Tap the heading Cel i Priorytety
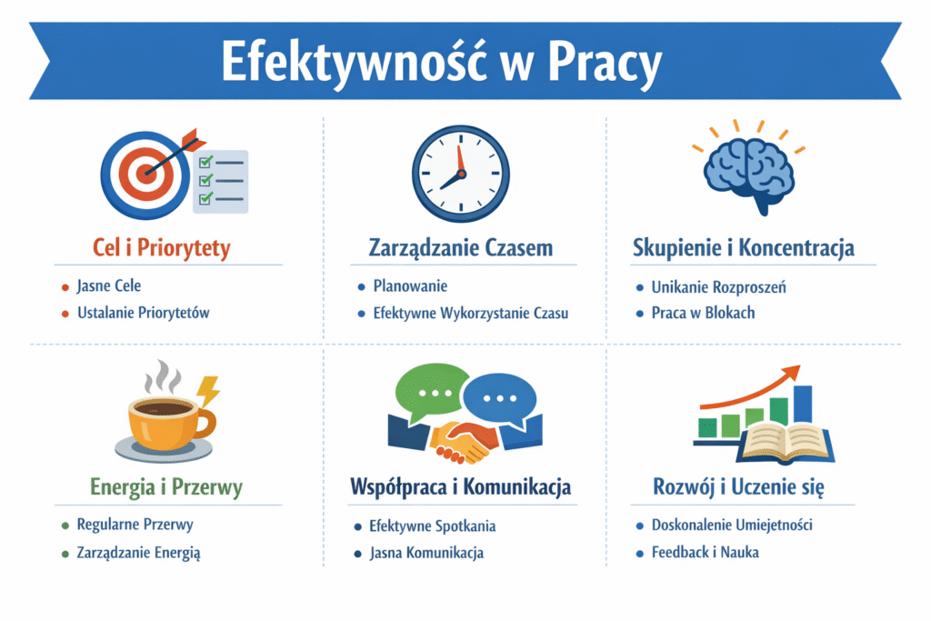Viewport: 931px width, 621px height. (162, 247)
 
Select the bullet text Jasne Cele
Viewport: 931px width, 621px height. (109, 285)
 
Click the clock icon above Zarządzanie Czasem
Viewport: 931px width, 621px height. (461, 174)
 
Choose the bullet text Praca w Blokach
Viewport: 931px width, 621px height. (703, 313)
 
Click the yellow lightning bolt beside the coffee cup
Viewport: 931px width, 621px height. (208, 391)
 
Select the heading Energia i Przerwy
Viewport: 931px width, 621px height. (166, 486)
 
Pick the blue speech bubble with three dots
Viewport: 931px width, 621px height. (501, 399)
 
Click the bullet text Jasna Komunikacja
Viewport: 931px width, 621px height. (426, 553)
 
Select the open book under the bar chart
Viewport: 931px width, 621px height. (785, 442)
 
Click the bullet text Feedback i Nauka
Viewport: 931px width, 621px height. (705, 552)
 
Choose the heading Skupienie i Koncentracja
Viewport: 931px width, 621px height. (744, 247)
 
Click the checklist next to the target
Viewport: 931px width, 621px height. (221, 181)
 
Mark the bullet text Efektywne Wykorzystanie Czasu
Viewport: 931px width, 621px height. (470, 313)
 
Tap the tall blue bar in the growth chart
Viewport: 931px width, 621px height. (803, 405)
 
